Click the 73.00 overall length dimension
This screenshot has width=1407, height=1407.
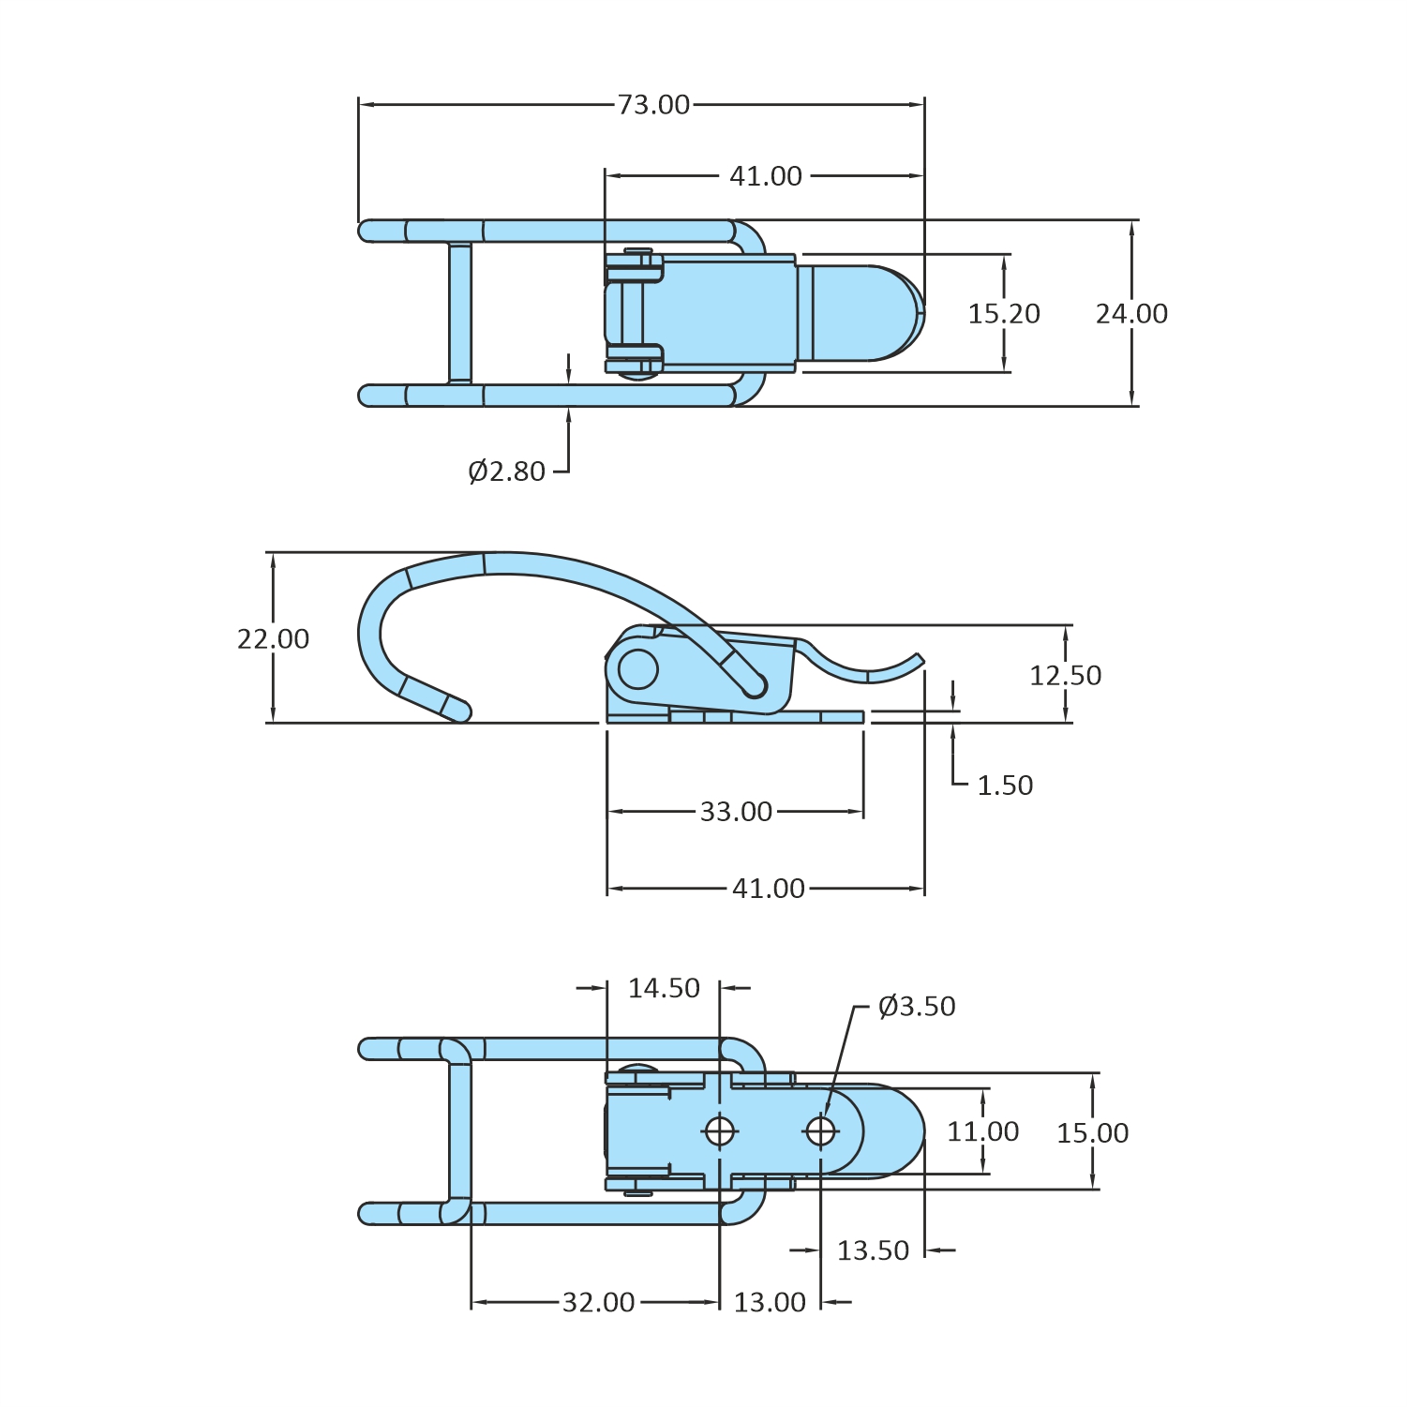coord(653,104)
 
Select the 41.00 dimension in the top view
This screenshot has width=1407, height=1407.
coord(766,176)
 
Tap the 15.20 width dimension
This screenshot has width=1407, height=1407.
coord(1003,313)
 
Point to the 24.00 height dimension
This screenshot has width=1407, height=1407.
coord(1131,313)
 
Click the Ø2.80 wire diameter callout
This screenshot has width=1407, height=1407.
coord(506,471)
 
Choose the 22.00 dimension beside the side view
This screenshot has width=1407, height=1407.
coord(273,638)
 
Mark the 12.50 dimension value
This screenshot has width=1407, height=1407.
coord(1065,675)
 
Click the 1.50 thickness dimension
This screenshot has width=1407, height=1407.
coord(1004,785)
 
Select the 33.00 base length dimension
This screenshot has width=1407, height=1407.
coord(736,811)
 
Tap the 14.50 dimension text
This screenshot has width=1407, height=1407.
coord(664,988)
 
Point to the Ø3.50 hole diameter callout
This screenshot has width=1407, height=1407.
coord(916,1006)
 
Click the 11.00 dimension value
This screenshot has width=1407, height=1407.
coord(982,1131)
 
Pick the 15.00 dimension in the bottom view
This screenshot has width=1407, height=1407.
coord(1092,1132)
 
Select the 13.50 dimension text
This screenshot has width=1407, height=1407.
coord(873,1250)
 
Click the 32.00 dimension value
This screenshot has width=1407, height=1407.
coord(598,1302)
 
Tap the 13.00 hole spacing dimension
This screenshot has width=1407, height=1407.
coord(770,1302)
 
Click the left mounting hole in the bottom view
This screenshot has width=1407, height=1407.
coord(719,1131)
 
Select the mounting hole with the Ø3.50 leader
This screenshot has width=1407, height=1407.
coord(820,1131)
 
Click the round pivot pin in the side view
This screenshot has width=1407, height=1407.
coord(638,669)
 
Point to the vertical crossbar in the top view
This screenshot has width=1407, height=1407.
coord(459,313)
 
